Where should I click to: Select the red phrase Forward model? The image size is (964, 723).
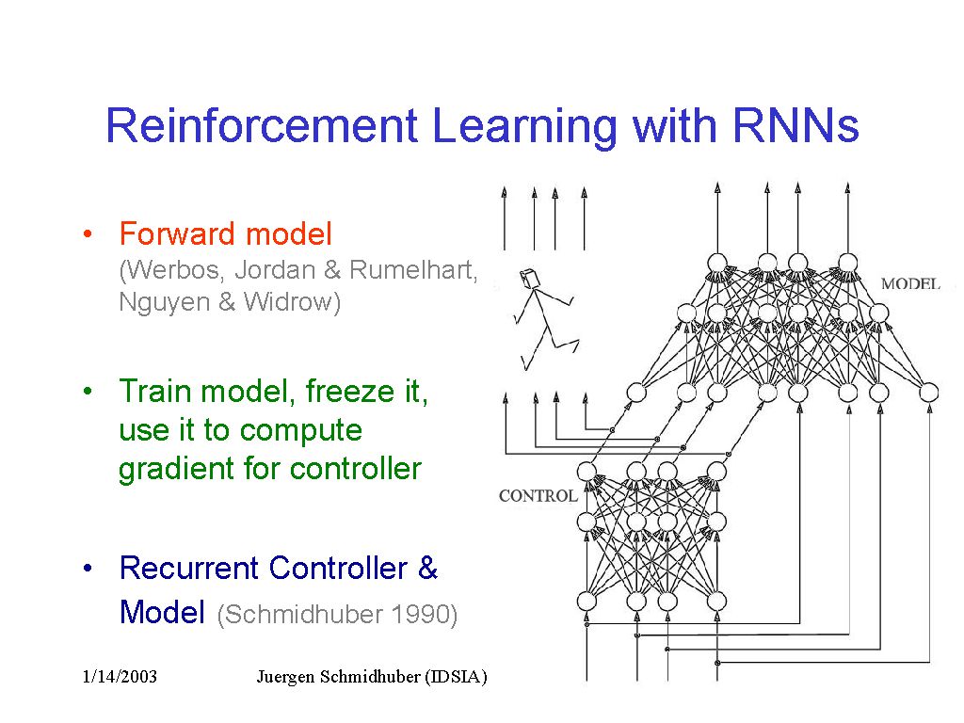(x=225, y=233)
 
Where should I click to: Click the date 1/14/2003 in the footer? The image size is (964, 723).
(x=120, y=678)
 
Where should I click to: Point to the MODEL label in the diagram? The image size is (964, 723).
(x=909, y=283)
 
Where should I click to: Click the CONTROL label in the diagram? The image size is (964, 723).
(x=538, y=496)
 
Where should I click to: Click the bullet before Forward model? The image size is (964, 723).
(x=86, y=234)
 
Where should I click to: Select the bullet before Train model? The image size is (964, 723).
(x=86, y=392)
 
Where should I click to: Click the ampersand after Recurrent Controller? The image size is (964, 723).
(x=427, y=569)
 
